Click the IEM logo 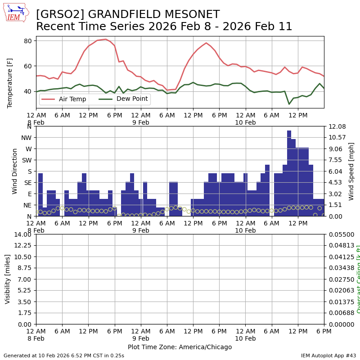(x=16, y=13)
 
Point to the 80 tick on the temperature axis (x=27, y=41)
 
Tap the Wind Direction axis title (x=15, y=171)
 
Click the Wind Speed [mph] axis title (x=351, y=171)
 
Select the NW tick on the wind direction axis (x=26, y=138)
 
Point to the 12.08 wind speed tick (x=335, y=126)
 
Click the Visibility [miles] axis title (x=8, y=279)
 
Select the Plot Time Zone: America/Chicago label (x=180, y=347)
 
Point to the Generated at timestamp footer (x=64, y=355)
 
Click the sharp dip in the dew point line (x=289, y=104)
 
